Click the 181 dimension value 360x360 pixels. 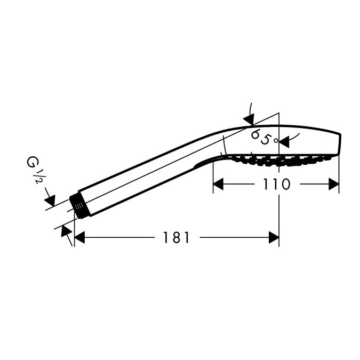176,237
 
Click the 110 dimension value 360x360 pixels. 276,184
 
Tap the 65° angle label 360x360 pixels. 264,137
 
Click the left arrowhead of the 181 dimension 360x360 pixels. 80,237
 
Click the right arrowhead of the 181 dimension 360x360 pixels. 274,237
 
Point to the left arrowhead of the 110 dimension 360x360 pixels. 218,184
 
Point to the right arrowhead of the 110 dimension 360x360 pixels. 333,184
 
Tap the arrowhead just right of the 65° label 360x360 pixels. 284,142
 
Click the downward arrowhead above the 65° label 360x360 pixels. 249,119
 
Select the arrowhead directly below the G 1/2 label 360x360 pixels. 50,201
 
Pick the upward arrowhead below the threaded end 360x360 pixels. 67,231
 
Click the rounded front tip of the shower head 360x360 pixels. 339,145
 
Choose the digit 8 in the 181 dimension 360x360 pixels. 177,237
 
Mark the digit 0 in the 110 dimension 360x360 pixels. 285,184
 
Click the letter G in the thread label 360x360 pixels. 31,162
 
